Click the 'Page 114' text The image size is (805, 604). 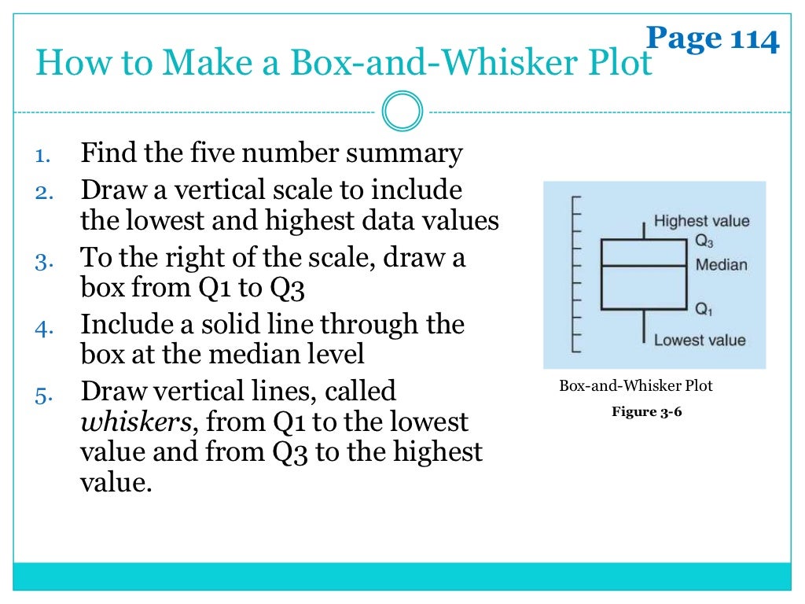click(x=712, y=38)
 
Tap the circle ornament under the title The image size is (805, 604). click(x=402, y=112)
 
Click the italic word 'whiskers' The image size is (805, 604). click(x=135, y=423)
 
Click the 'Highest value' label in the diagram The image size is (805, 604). click(x=701, y=221)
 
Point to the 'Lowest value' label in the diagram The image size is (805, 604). click(x=700, y=340)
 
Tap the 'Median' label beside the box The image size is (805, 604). click(x=721, y=265)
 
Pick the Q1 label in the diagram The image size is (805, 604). click(x=704, y=310)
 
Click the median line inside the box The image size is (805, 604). click(x=644, y=266)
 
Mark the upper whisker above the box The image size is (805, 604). click(x=644, y=230)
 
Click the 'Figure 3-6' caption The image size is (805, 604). click(x=646, y=411)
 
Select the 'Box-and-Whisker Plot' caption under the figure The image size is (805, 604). click(x=635, y=386)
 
